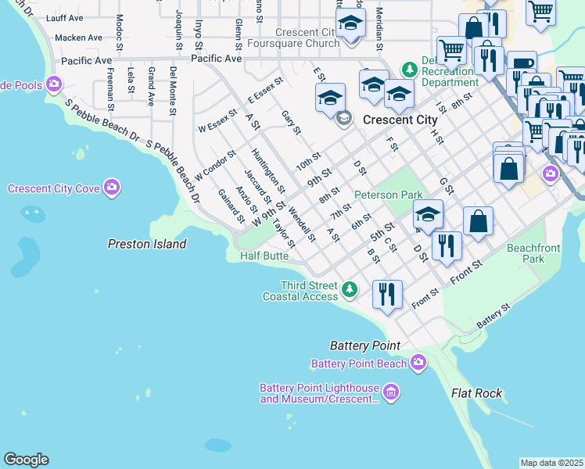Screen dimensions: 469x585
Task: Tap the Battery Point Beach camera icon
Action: [418, 361]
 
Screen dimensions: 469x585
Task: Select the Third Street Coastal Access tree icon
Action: [350, 290]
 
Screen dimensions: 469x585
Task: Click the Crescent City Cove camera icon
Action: [113, 187]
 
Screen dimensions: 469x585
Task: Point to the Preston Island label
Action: [147, 244]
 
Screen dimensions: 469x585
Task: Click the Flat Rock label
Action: [476, 393]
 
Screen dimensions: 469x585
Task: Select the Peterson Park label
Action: [388, 195]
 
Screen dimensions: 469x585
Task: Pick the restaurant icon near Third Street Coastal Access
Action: [387, 295]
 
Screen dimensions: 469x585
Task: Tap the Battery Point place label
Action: [364, 345]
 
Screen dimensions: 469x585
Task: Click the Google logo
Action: [26, 460]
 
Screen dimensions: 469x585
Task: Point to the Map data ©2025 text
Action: [551, 463]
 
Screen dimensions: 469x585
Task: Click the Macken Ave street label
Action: [79, 37]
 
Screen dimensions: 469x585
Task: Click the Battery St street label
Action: [493, 315]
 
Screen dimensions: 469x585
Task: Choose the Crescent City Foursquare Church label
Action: [308, 38]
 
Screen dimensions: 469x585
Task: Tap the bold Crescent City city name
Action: [399, 120]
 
